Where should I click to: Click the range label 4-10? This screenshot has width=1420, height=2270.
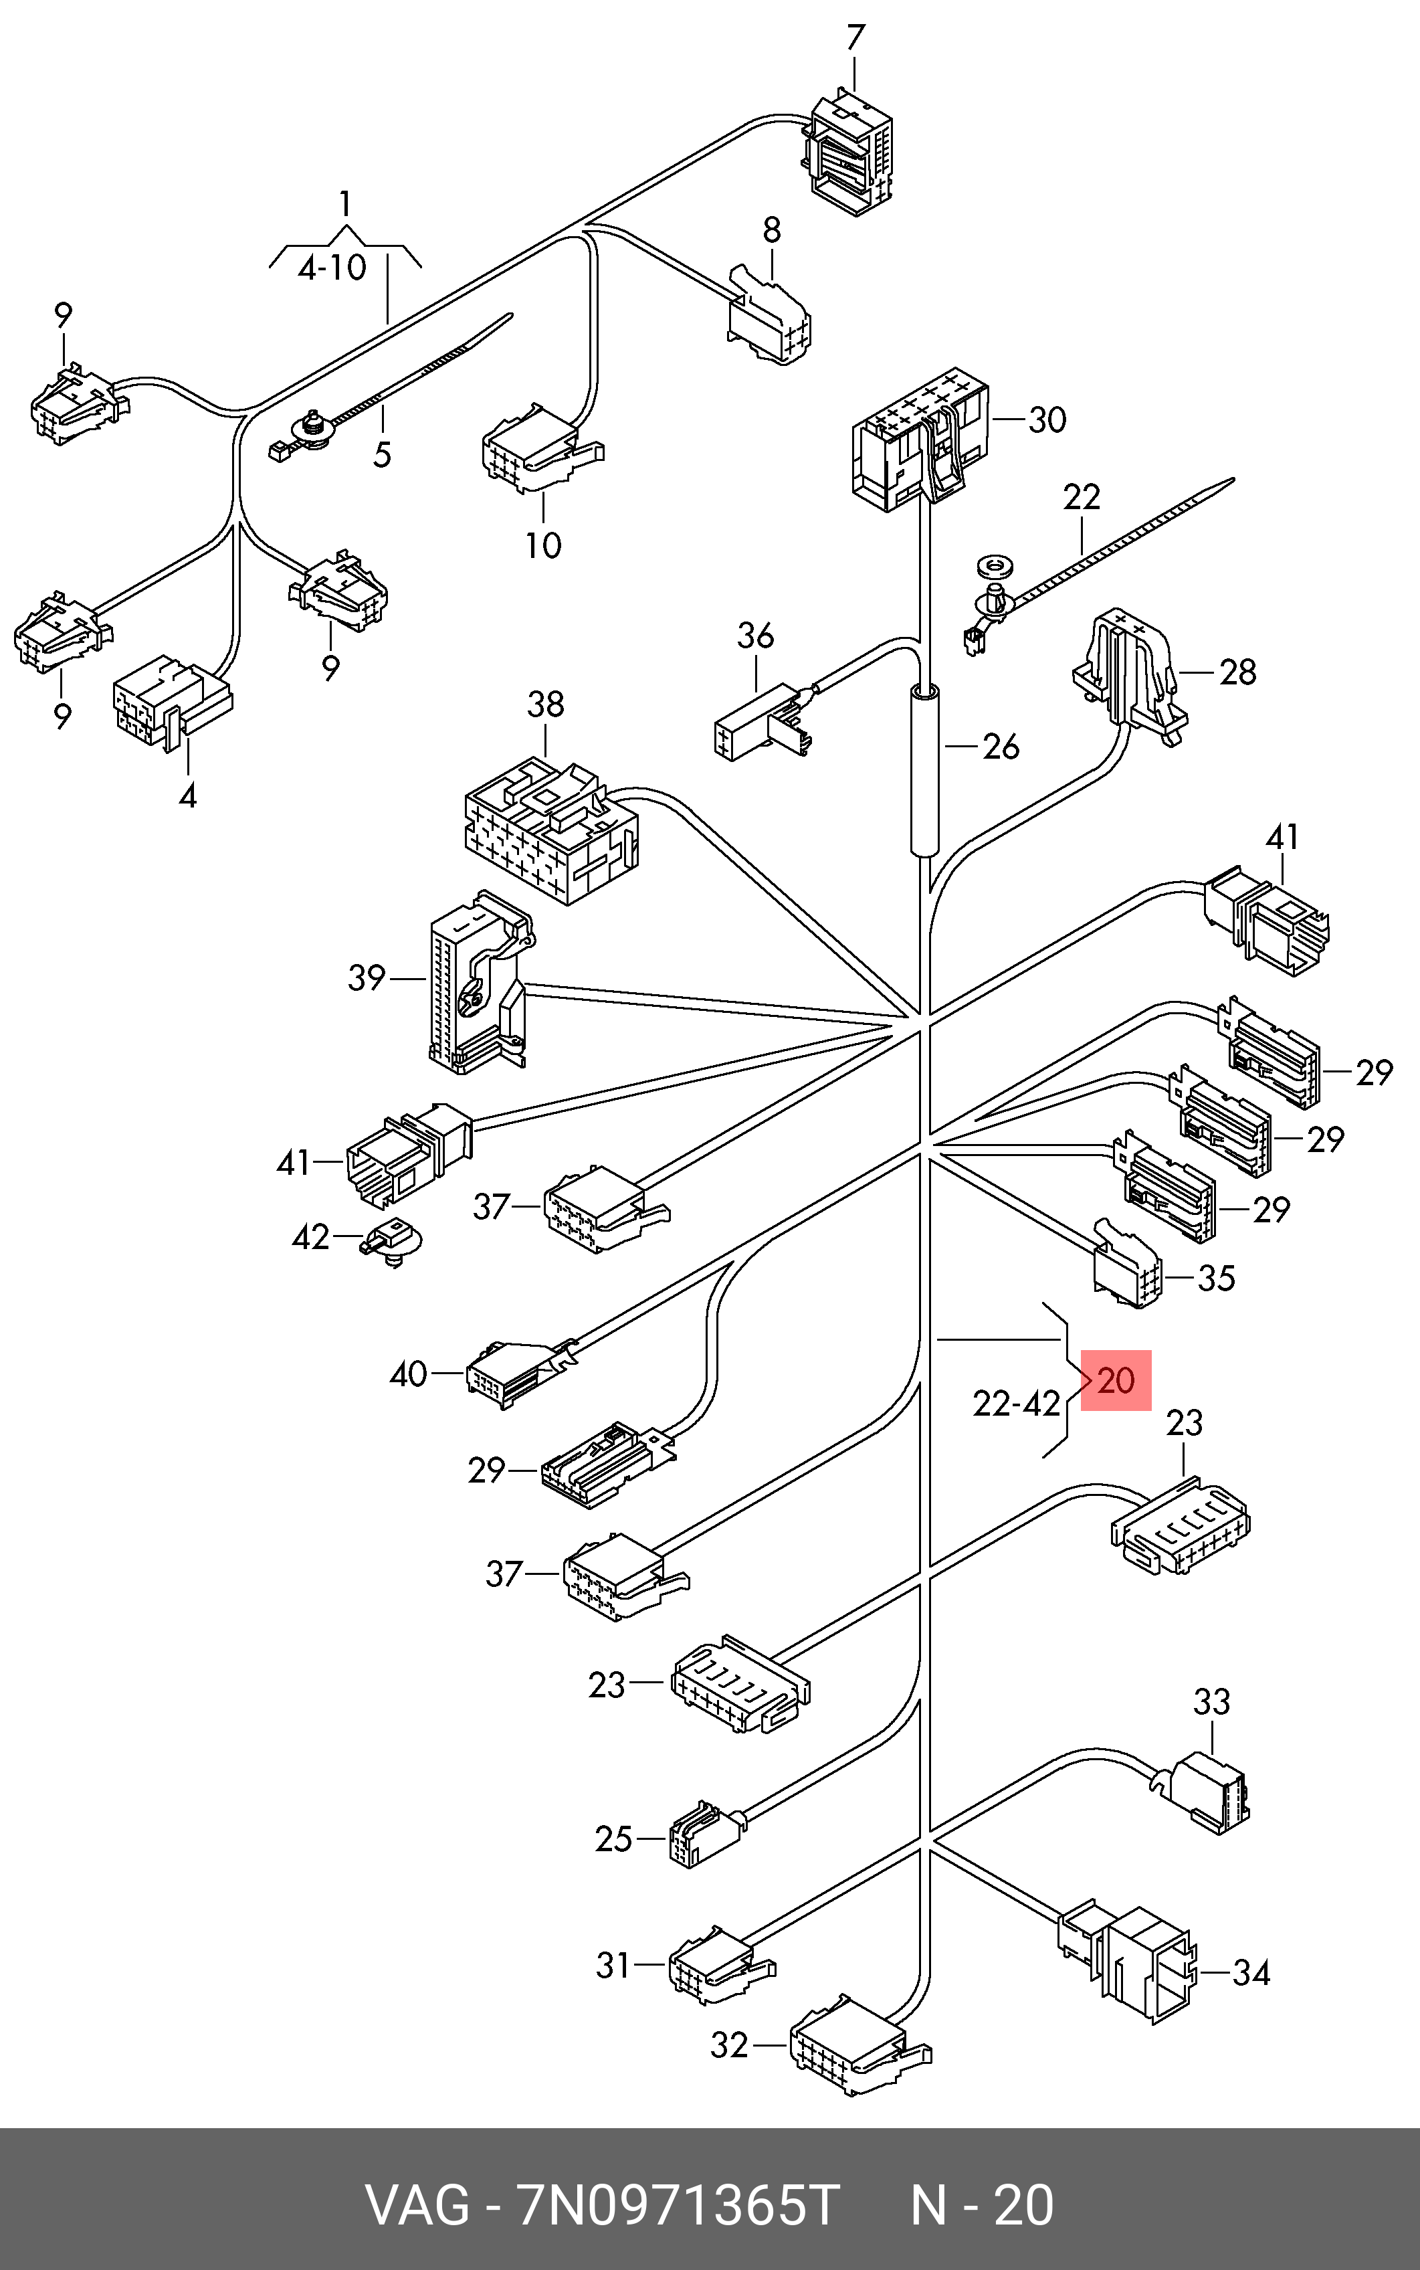point(332,268)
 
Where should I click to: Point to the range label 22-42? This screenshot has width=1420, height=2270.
point(1016,1404)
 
